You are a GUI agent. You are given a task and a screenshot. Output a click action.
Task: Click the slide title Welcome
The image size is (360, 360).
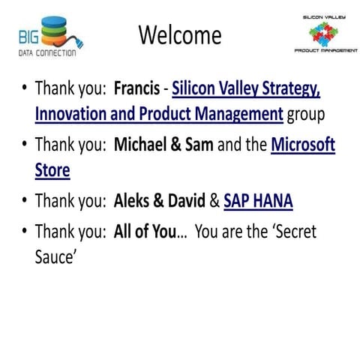click(x=180, y=34)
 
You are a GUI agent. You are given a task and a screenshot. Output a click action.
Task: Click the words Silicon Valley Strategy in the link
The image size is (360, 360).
click(x=246, y=92)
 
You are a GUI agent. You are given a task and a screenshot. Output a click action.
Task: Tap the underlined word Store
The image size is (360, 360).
click(x=52, y=169)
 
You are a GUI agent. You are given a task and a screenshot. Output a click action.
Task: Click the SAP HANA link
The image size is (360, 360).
click(x=258, y=201)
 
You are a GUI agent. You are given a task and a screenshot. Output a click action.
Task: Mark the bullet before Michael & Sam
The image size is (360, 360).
click(x=25, y=146)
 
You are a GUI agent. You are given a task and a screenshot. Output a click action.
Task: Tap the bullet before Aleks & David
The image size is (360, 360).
click(x=25, y=201)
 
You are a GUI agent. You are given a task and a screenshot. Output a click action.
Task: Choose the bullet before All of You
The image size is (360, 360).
click(x=25, y=232)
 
